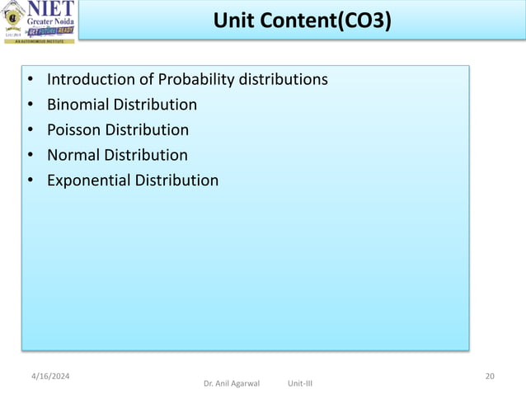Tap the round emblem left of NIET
pos(13,18)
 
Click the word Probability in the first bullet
pos(195,80)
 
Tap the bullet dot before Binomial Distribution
pos(31,106)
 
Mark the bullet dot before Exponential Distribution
pos(31,181)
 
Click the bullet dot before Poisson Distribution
pos(31,130)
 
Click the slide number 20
pos(490,376)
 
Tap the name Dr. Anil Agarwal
pos(230,383)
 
